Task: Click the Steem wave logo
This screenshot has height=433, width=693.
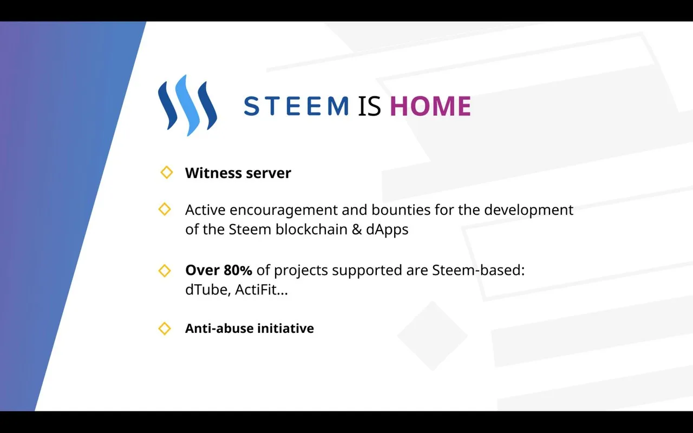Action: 187,105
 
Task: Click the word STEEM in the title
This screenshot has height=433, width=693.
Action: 297,106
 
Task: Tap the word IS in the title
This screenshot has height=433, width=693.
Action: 369,106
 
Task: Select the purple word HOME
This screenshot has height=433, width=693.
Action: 430,106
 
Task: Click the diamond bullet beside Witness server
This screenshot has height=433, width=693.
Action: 166,172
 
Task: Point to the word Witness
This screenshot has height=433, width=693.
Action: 213,173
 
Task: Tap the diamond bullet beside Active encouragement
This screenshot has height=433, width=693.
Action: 165,209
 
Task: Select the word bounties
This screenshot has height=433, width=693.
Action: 401,209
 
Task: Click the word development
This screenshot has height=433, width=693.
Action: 529,211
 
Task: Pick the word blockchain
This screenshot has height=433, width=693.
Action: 311,229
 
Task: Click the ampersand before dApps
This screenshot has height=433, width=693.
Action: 357,229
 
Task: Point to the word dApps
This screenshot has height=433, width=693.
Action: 387,230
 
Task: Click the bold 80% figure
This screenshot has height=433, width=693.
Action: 238,270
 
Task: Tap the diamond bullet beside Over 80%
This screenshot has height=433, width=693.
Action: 165,271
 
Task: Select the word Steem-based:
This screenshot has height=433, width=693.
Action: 478,270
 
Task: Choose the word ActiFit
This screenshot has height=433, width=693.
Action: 256,290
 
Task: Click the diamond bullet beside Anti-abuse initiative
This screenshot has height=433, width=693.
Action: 165,329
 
